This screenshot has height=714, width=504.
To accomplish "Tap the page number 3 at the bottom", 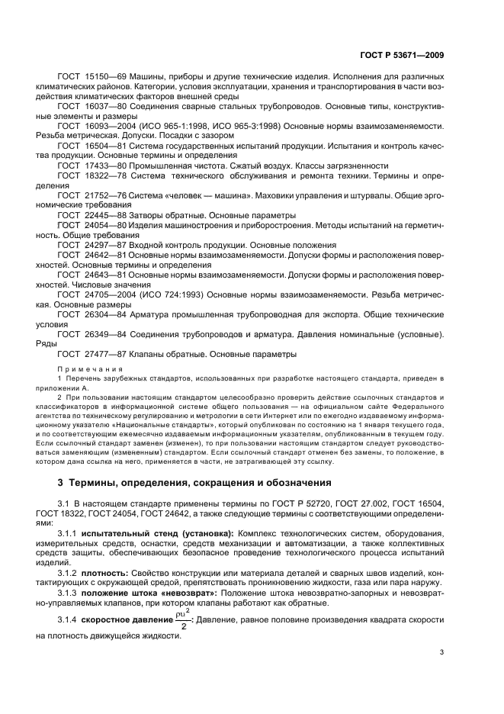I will (441, 630).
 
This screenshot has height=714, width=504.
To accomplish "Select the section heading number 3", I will (61, 482).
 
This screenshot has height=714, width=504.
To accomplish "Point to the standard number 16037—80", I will (101, 108).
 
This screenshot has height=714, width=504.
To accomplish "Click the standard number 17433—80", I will (101, 166).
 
